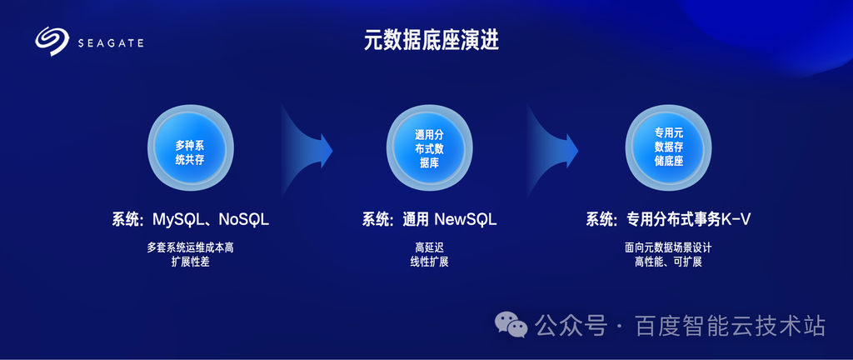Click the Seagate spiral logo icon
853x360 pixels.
[52, 42]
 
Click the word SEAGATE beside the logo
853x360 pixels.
[111, 43]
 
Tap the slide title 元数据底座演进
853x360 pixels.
[431, 42]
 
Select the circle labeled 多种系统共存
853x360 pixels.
[191, 147]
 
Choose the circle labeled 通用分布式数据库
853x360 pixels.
[430, 147]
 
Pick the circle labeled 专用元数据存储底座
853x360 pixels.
[669, 147]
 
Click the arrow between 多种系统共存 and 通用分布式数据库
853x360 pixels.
[307, 149]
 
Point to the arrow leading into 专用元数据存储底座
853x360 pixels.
[551, 149]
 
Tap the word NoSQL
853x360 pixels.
[244, 220]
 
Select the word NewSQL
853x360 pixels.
[465, 220]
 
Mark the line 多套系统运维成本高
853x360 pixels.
[191, 248]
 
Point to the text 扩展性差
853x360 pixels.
[191, 262]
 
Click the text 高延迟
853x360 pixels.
[429, 248]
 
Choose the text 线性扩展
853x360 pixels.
[429, 262]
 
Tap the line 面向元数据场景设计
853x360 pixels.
[669, 248]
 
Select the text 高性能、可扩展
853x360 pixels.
[669, 262]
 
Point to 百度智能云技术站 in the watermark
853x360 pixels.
[730, 327]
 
